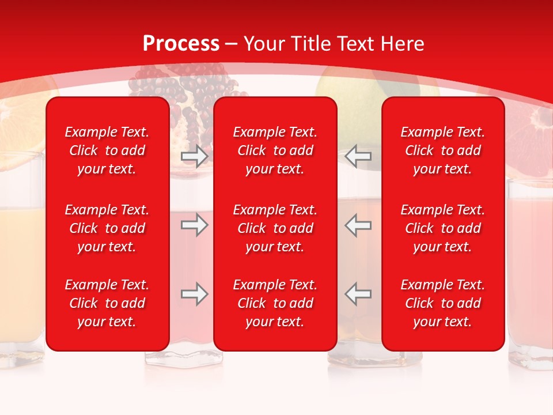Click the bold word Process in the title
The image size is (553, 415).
click(181, 44)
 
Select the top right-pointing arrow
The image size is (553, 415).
click(195, 156)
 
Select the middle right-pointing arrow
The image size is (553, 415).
click(195, 225)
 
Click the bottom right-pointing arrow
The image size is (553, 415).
click(195, 294)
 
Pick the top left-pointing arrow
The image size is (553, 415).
click(358, 156)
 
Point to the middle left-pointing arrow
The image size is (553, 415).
click(358, 225)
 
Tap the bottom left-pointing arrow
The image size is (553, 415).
click(358, 294)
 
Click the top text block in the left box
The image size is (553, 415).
click(107, 150)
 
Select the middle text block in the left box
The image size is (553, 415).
click(107, 228)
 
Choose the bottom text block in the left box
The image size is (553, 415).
click(107, 303)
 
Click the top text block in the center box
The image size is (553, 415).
click(275, 150)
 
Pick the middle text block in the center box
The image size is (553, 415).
click(275, 228)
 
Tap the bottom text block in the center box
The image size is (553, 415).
click(275, 303)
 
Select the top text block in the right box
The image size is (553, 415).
click(443, 150)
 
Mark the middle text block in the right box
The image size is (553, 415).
click(443, 228)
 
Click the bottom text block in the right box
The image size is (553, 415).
click(443, 303)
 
